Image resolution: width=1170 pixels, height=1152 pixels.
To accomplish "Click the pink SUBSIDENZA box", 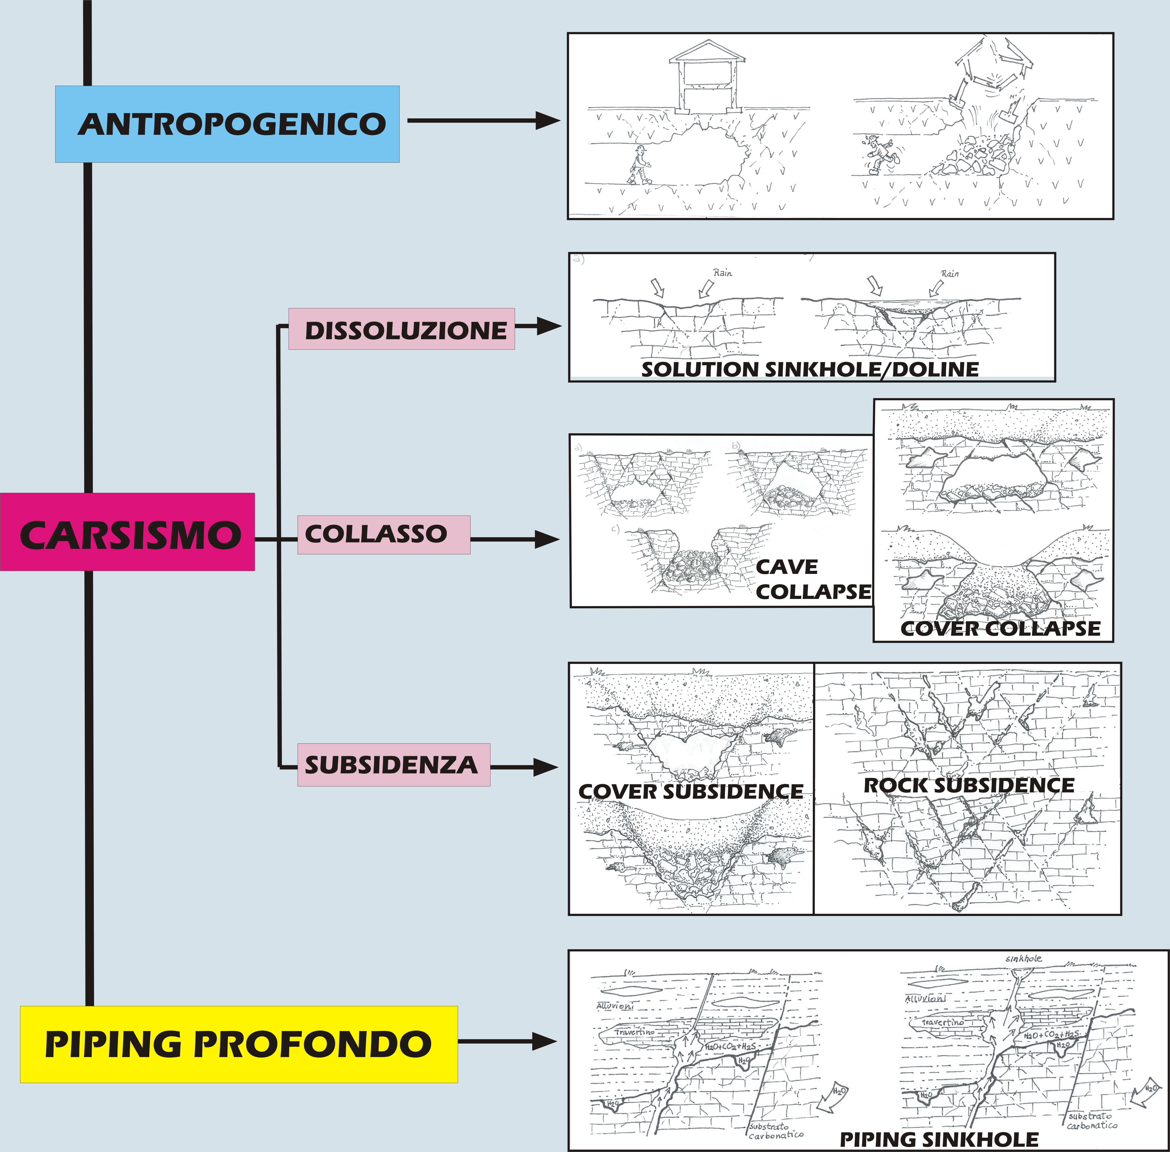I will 393,765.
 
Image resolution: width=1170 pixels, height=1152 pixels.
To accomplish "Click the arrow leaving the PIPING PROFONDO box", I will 508,1042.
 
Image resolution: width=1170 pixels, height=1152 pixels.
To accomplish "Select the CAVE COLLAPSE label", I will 812,579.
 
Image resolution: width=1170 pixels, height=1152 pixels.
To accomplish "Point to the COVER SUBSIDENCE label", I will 691,791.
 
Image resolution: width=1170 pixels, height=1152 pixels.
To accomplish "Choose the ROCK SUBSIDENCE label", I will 969,785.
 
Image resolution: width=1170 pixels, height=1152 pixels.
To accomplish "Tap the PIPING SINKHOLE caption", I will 938,1139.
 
